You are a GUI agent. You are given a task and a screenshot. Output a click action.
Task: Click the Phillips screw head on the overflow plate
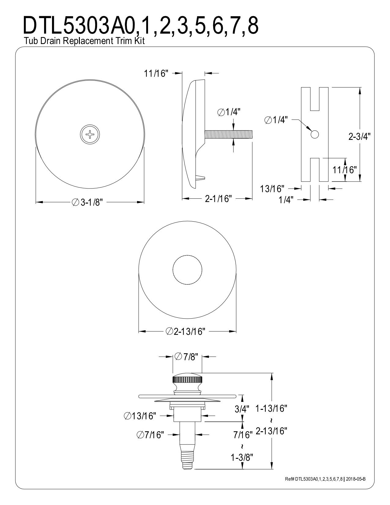pos(90,135)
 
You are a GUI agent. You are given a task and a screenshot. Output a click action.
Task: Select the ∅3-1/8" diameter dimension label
pos(87,202)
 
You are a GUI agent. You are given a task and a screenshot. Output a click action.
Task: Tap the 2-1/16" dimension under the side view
pos(218,199)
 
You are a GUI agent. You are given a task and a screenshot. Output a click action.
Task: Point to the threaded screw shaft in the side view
pos(228,135)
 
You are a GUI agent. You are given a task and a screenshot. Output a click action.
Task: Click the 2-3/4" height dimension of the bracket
pos(359,137)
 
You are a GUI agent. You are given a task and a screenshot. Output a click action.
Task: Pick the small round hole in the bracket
pos(314,134)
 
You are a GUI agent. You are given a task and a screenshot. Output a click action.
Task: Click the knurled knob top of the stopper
pos(187,381)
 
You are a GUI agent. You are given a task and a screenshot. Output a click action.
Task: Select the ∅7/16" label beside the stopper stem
pos(150,434)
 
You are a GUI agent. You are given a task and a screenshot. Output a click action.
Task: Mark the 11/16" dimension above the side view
pos(156,73)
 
